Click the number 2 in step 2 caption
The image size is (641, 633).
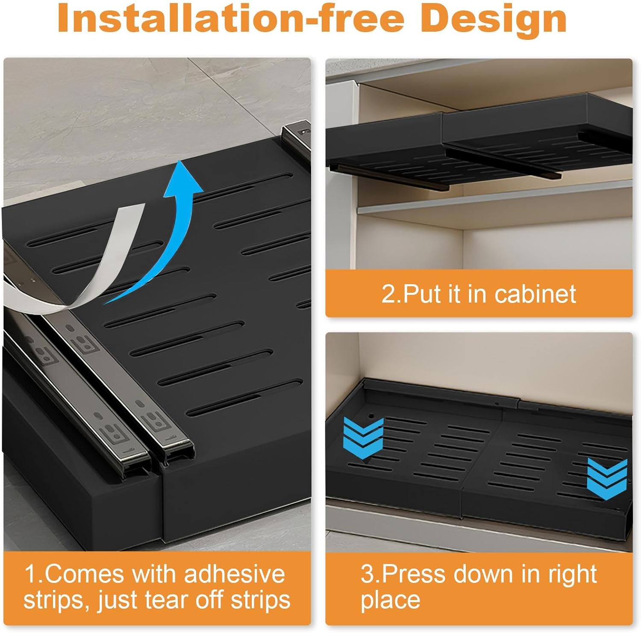[389, 294]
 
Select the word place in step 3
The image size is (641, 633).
[390, 599]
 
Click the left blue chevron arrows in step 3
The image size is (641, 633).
[363, 438]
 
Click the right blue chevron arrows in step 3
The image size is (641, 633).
[607, 479]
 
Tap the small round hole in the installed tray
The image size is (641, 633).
[370, 415]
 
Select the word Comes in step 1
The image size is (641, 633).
[84, 574]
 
